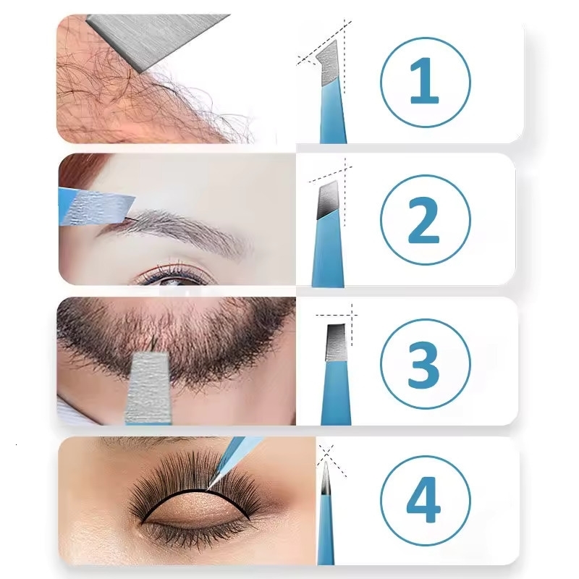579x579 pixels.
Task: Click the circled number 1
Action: pyautogui.click(x=424, y=80)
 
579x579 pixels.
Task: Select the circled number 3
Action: pyautogui.click(x=424, y=360)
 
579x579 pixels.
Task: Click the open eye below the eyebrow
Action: pyautogui.click(x=174, y=277)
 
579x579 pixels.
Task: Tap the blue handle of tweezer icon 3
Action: pyautogui.click(x=335, y=394)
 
